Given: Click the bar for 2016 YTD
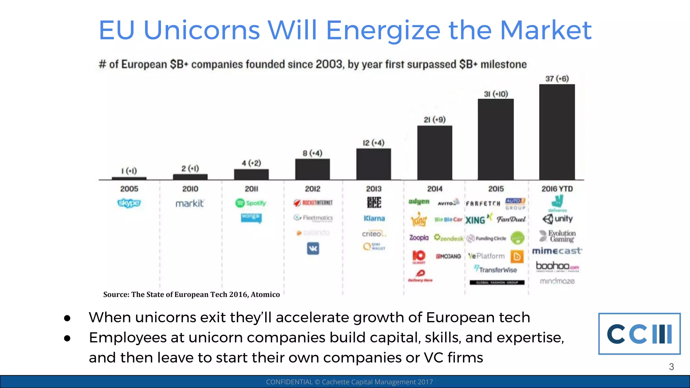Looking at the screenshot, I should tap(557, 132).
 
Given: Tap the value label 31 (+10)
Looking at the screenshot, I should tap(496, 94).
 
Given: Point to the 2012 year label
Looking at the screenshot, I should tap(312, 189).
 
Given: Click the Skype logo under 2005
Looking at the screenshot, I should tap(129, 203).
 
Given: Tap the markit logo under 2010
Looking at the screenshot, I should tap(190, 203).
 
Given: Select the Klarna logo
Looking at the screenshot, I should tap(374, 218).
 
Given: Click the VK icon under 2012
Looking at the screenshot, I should tap(313, 249).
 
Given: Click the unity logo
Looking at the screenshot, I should tap(558, 219).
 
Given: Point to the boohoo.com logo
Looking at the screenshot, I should tap(557, 266).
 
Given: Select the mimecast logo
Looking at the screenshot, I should tap(557, 251).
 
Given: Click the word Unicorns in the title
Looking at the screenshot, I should tap(201, 30).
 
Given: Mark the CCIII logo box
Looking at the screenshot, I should tap(639, 333).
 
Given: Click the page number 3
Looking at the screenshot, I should tap(671, 367).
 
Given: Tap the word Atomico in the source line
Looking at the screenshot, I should tap(265, 295).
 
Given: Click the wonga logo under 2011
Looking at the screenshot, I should tap(251, 218).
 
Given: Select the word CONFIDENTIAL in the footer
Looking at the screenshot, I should tap(289, 382).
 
